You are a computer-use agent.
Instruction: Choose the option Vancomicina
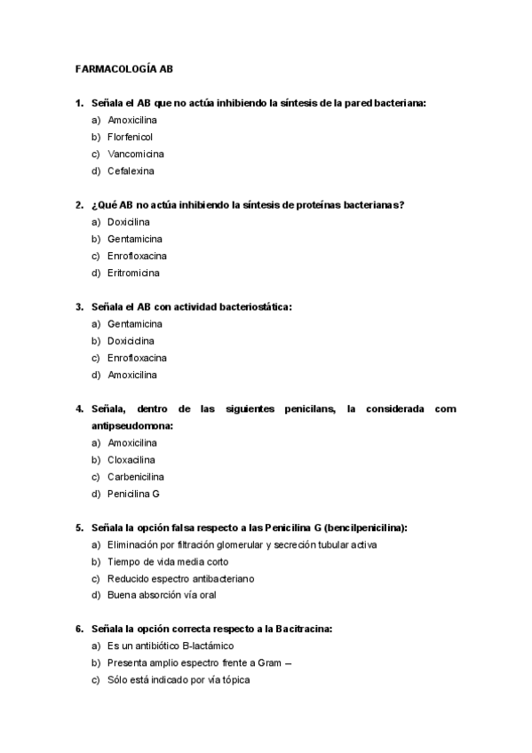135,154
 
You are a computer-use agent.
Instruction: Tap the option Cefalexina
131,170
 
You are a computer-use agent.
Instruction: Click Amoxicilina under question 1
133,120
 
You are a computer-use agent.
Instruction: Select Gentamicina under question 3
135,324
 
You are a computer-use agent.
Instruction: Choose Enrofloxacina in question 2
137,256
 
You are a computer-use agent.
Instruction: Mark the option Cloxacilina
131,460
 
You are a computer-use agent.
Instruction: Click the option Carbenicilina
136,477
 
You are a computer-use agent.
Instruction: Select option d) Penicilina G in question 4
133,494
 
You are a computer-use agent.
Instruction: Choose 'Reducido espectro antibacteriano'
181,579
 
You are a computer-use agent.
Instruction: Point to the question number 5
79,527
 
